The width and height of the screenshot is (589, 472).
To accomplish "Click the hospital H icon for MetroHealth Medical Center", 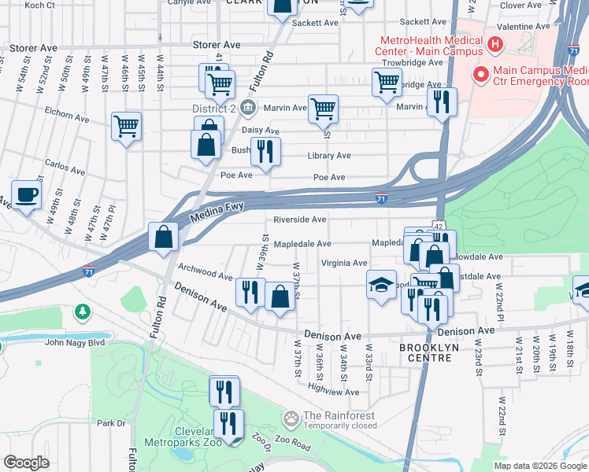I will [x=495, y=43].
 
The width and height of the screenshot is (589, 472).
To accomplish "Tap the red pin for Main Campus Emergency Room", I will [x=479, y=75].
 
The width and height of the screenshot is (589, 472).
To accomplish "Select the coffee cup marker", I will [x=26, y=194].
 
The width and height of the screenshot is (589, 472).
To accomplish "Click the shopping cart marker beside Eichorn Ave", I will [x=127, y=126].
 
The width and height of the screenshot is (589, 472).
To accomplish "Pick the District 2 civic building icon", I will [x=247, y=107].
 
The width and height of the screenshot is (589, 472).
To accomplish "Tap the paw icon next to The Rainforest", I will [x=292, y=416].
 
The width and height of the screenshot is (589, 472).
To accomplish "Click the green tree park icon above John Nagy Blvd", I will [x=82, y=312].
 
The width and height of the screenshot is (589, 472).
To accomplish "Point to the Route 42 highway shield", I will [x=437, y=226].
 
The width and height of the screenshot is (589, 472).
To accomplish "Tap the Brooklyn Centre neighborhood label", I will [x=425, y=352].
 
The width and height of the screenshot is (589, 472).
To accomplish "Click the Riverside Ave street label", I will [x=299, y=219].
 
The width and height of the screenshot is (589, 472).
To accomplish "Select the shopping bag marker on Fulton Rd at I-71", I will [x=163, y=237].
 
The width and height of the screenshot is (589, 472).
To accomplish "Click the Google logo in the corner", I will [x=27, y=463].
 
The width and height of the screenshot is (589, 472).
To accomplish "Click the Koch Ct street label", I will [x=39, y=5].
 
